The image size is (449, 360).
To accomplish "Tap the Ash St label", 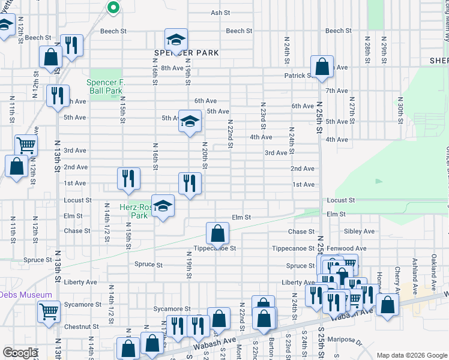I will tap(220, 13).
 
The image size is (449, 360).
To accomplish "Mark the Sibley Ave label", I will tap(359, 231).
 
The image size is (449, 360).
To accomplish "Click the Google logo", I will tap(20, 353).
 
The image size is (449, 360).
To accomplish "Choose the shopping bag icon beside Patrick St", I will tap(322, 67).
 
